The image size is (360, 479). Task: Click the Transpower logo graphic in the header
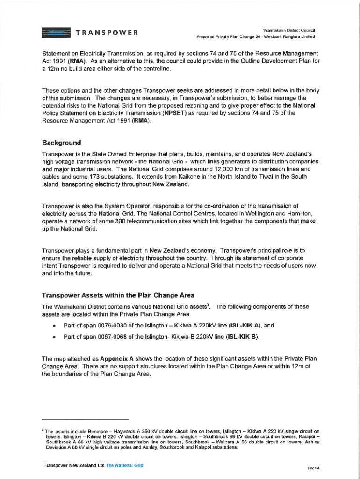tap(56, 33)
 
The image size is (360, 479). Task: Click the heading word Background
tap(61, 143)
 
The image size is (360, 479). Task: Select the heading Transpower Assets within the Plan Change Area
tap(118, 295)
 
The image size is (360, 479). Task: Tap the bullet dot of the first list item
tap(55, 326)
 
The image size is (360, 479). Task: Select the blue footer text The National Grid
tap(124, 465)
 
